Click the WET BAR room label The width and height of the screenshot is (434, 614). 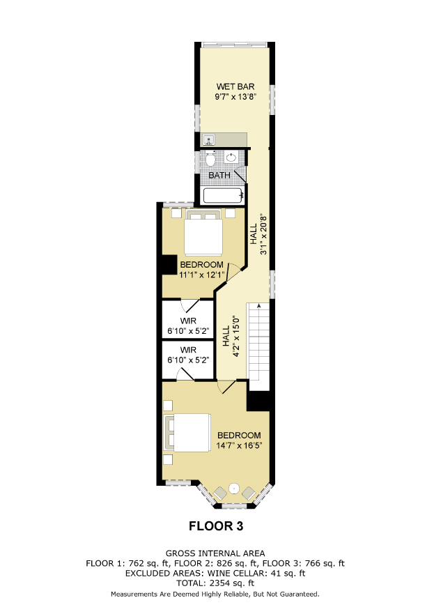pos(235,86)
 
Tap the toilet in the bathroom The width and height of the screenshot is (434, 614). pos(210,159)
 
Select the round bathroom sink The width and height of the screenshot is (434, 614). pos(231,158)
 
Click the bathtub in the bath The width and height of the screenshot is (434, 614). pos(223,196)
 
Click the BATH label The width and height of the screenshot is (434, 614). pos(219,176)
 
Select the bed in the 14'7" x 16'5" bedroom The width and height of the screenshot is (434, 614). pos(187,432)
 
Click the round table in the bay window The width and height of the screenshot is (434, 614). pos(234,489)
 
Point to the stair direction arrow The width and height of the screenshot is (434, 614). pos(258,307)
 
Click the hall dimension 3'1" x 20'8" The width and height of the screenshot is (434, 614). pos(263,234)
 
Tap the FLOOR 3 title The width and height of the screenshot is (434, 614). pos(216,526)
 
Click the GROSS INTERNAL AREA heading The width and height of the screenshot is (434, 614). pos(215,553)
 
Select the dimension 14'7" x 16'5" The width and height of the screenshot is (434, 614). pos(239,445)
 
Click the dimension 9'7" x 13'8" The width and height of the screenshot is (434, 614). pos(235,97)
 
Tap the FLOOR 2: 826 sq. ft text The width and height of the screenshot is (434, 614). pos(216,564)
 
